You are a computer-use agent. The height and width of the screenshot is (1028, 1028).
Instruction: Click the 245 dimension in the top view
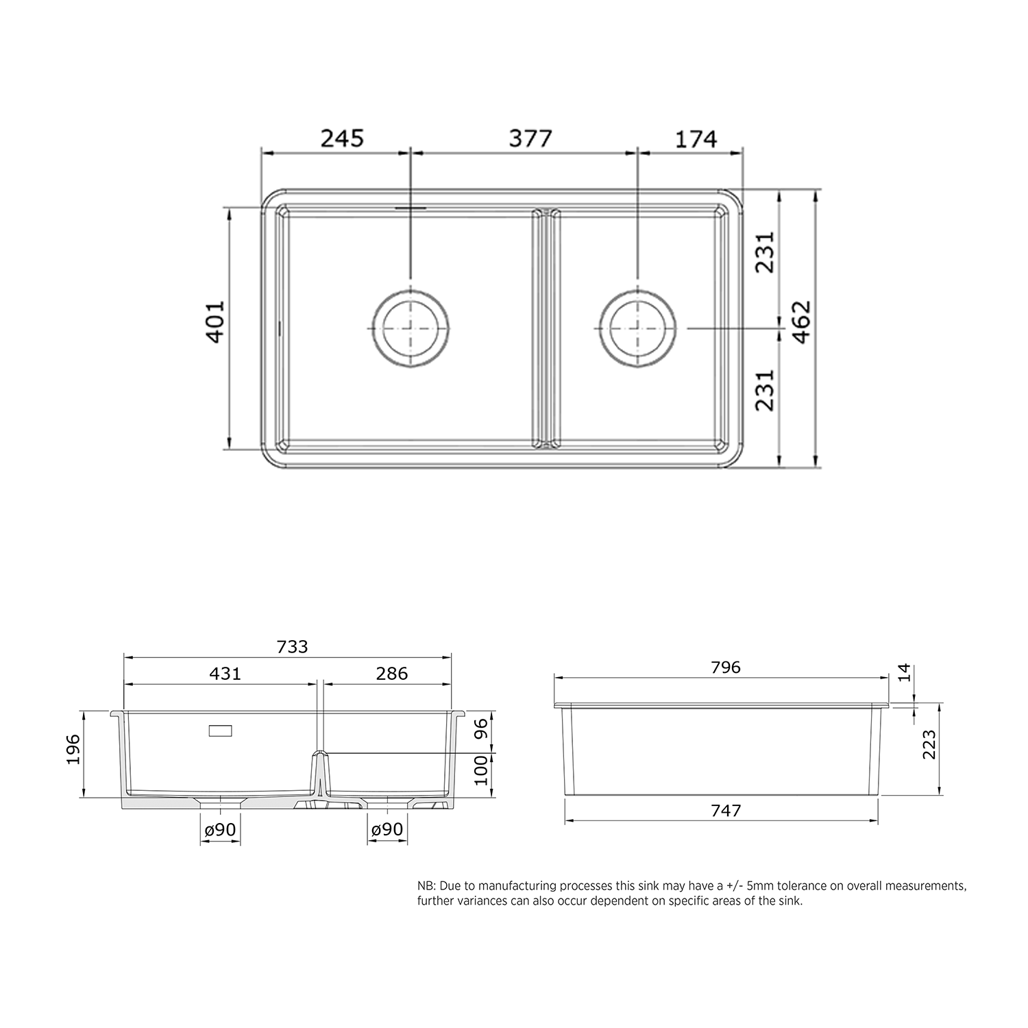tap(342, 138)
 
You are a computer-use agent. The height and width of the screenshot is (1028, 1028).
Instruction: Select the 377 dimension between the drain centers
tap(530, 138)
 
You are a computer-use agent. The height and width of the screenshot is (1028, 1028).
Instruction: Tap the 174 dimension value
tap(696, 138)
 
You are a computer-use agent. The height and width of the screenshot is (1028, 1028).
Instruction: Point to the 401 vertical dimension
tap(215, 321)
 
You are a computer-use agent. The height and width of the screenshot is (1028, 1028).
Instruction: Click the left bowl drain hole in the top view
tap(411, 328)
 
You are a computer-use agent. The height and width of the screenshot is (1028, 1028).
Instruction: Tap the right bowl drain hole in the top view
tap(637, 328)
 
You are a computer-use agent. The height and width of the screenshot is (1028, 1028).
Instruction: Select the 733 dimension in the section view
tap(293, 646)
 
